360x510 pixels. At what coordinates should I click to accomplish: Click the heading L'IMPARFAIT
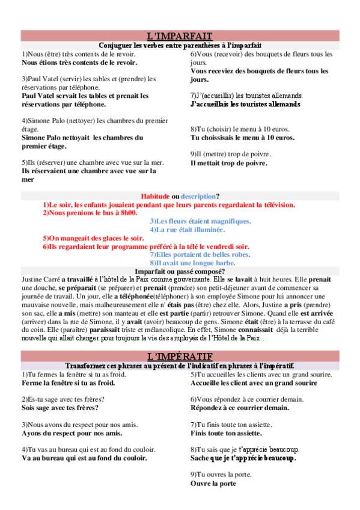180,35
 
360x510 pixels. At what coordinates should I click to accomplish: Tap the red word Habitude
155,196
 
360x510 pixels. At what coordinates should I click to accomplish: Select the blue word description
198,196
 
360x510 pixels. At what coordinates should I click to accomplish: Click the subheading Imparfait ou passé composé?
180,271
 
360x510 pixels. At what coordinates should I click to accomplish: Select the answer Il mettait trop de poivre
229,162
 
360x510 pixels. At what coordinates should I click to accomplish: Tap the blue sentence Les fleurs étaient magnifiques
200,221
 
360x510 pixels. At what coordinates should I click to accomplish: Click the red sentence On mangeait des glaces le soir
90,238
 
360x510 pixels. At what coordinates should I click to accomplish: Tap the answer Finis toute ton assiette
227,432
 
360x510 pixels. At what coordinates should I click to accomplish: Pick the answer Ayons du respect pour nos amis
72,432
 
